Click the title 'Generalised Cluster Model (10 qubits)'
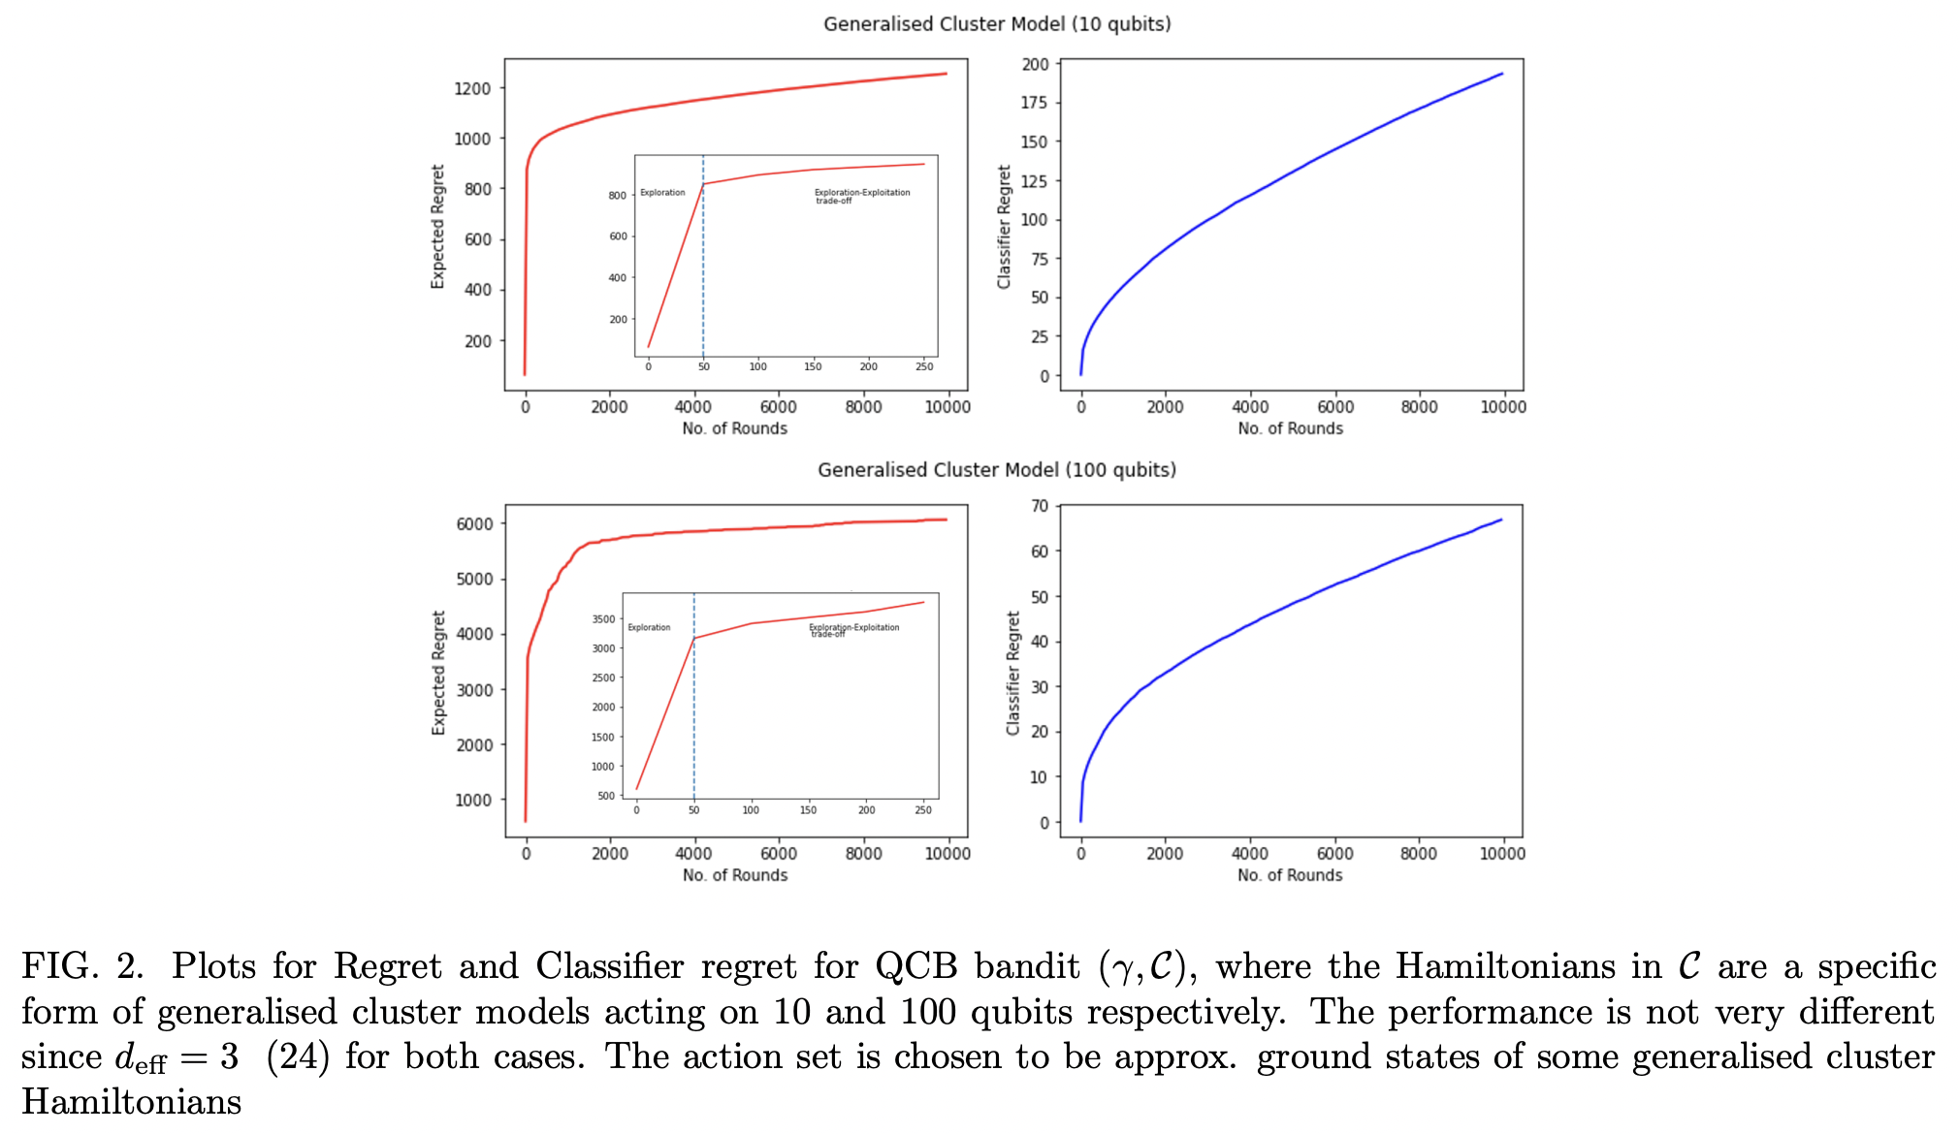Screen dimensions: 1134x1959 (997, 24)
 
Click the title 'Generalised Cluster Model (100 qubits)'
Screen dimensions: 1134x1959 (996, 470)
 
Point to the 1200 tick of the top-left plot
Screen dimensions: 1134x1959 (473, 88)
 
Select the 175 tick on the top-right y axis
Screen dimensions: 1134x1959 (1034, 103)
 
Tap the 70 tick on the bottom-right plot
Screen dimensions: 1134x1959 (1040, 506)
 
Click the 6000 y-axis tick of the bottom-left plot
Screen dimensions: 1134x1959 (474, 524)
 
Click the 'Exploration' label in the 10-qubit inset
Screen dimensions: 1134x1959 (662, 193)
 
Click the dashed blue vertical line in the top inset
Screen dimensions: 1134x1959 (703, 271)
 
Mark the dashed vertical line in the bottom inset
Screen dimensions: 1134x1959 (694, 717)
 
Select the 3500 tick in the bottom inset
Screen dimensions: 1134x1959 (603, 619)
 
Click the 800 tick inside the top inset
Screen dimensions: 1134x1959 (617, 196)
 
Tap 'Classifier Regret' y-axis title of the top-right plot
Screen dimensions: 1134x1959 (1004, 227)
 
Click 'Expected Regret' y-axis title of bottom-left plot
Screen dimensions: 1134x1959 (438, 673)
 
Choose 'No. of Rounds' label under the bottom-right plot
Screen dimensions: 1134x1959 (1290, 875)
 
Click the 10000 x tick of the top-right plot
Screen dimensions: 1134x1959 (1502, 407)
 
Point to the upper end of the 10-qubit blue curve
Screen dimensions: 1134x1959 (1501, 74)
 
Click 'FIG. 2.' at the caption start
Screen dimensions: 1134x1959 (82, 966)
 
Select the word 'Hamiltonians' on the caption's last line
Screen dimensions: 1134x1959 (132, 1102)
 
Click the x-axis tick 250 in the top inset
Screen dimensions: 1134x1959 (924, 366)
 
